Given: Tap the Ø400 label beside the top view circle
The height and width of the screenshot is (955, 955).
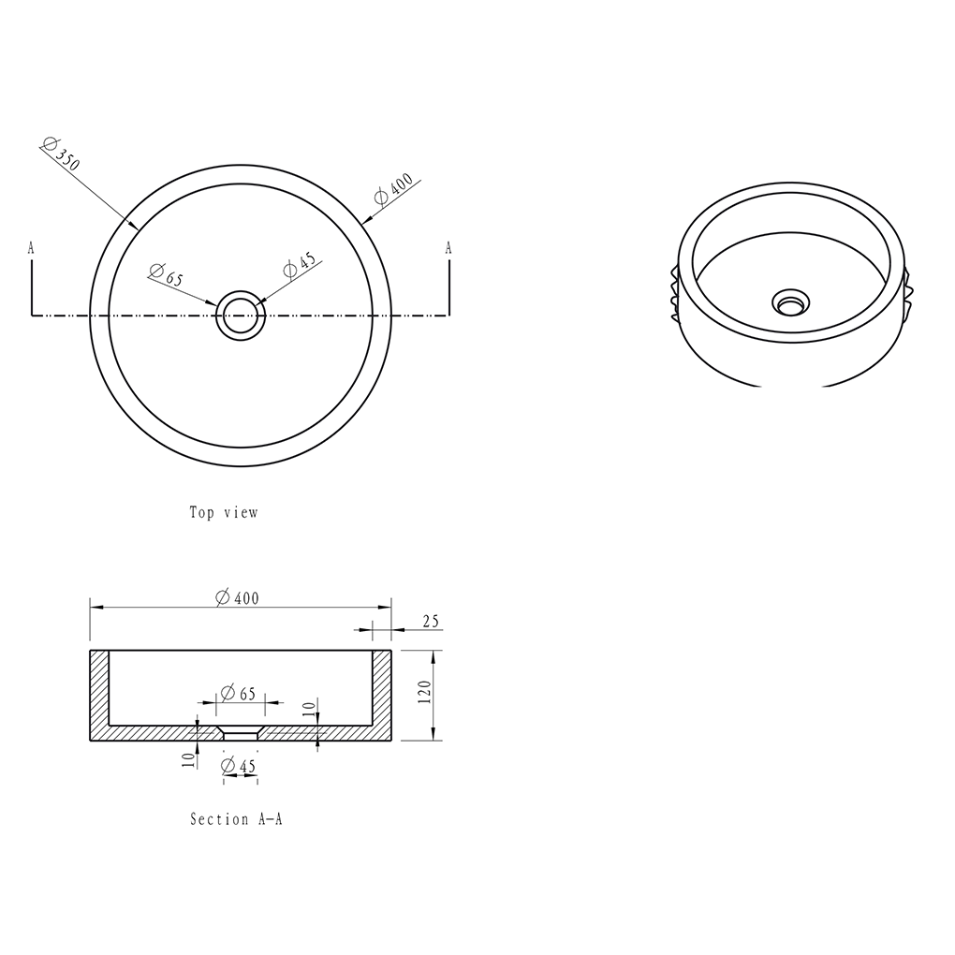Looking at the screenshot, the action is coord(393,188).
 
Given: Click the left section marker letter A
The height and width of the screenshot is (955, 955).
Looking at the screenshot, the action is coord(31,248).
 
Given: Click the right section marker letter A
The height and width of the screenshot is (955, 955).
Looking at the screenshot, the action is coord(448,248).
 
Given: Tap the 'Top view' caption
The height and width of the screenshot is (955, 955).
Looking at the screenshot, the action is coord(224,513).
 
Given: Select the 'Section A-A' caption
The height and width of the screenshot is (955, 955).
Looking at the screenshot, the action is coord(236,819).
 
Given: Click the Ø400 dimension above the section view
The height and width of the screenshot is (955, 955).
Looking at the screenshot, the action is coord(238,598).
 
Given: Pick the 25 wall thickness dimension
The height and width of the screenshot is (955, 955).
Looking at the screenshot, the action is coord(431,622).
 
